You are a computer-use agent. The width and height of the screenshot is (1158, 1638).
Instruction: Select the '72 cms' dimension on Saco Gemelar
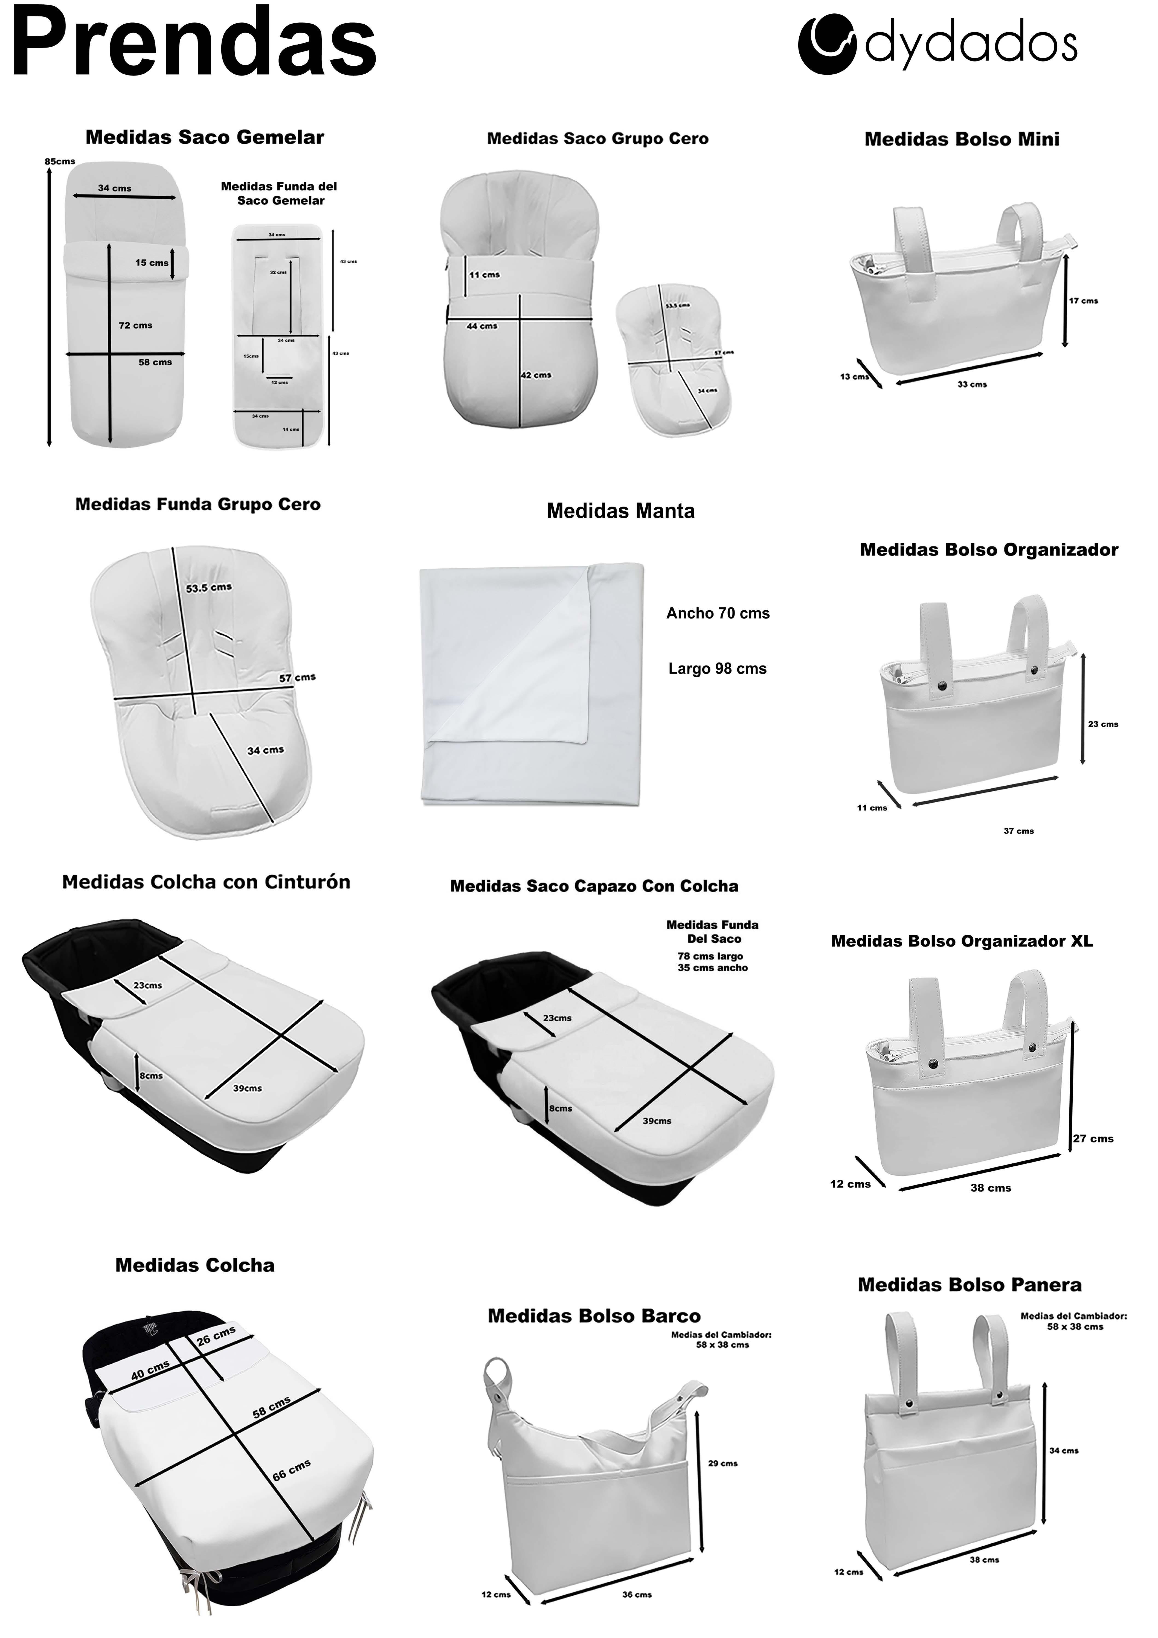coord(136,325)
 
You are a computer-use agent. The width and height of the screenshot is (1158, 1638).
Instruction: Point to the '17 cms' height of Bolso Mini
coord(1083,301)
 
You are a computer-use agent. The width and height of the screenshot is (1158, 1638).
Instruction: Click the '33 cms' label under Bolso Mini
coord(972,385)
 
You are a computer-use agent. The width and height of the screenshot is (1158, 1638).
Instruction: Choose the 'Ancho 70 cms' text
coord(718,614)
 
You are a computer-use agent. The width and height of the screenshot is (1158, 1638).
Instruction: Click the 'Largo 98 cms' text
coord(717,669)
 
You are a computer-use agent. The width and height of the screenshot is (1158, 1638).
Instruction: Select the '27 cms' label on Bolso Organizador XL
coord(1093,1139)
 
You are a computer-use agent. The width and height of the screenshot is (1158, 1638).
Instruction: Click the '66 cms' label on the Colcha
coord(291,1470)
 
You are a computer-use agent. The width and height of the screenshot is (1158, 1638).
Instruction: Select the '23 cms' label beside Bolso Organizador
coord(1103,724)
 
